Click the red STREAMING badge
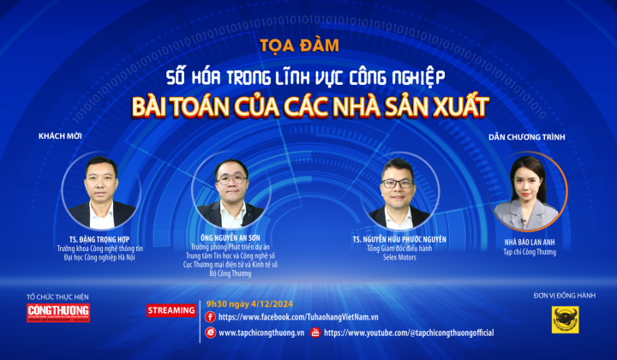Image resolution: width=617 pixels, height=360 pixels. (171, 309)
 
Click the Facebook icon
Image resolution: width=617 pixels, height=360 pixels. (211, 317)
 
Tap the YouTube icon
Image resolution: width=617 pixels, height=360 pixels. (315, 333)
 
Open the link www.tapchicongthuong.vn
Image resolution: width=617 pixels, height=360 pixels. (262, 333)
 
